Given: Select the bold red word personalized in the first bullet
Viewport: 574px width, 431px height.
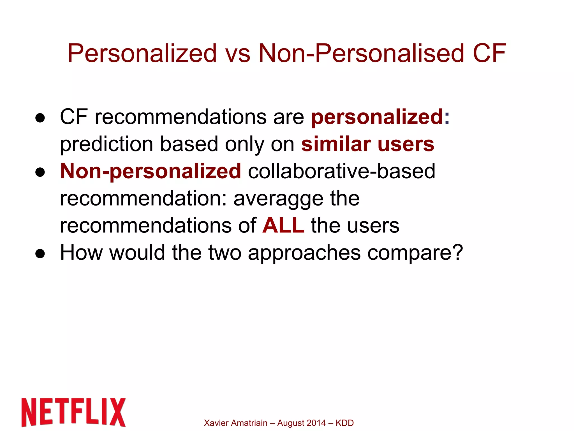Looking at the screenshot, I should (x=377, y=117).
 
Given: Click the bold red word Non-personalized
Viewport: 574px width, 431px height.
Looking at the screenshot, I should (x=151, y=171).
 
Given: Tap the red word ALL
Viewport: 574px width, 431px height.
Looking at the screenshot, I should (x=283, y=225).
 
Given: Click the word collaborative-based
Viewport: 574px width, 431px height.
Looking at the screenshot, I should (x=342, y=171).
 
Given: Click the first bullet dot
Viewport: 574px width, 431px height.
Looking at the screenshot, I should (x=40, y=118).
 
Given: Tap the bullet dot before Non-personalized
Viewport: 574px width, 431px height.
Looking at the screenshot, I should (x=40, y=172).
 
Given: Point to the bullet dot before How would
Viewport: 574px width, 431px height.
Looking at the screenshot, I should (x=40, y=254).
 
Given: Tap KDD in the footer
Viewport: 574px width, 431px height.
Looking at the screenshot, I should (x=345, y=423).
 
